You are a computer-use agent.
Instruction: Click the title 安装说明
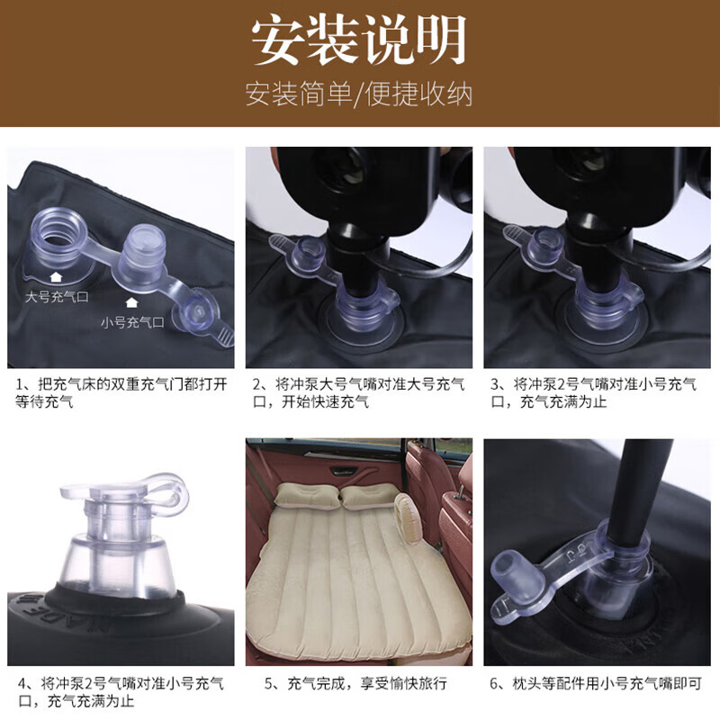click(359, 40)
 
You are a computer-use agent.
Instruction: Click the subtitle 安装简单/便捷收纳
click(359, 94)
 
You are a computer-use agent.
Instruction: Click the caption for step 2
click(359, 393)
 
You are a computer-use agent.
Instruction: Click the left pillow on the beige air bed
click(305, 496)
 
